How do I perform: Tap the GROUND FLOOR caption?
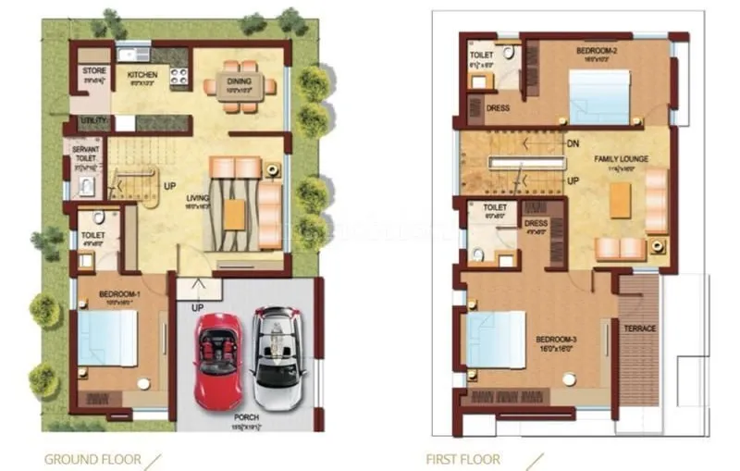pos(92,458)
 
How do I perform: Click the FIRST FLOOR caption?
pos(462,458)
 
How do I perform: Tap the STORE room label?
pos(93,70)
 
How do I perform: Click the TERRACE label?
pos(640,328)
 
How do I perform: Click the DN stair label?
pos(573,143)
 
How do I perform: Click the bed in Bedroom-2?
pos(599,97)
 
